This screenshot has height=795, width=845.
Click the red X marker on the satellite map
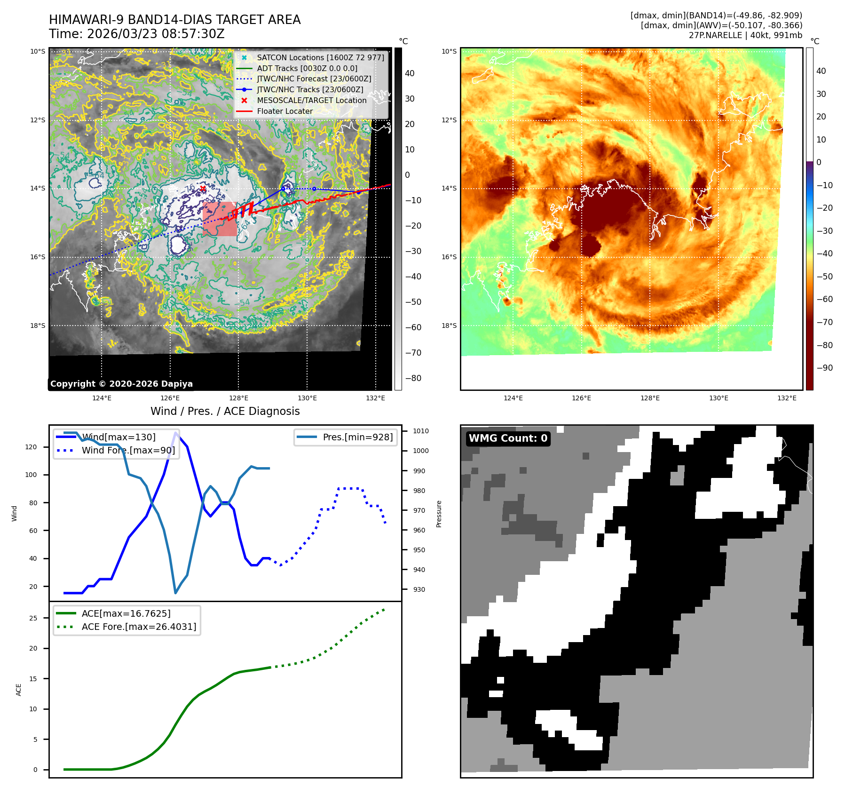point(203,189)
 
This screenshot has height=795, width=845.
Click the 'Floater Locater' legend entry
point(284,111)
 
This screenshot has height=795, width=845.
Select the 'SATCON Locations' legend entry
point(320,58)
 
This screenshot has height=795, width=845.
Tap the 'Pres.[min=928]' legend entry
point(357,437)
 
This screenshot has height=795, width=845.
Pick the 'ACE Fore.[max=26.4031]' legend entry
point(139,627)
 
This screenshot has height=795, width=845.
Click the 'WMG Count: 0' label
point(508,438)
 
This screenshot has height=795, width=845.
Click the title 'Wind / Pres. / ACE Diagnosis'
point(225,411)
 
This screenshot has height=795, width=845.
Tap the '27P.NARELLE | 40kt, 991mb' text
point(745,35)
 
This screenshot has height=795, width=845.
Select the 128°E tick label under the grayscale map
point(239,398)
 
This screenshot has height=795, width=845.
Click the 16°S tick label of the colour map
point(449,257)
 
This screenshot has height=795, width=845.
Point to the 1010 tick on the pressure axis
point(420,431)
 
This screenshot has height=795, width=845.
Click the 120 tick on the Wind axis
point(31,447)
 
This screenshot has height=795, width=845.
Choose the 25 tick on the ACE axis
point(33,618)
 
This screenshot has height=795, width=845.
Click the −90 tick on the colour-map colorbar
point(824,368)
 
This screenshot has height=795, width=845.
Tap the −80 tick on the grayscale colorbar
point(413,378)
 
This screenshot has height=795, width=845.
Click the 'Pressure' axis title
point(439,514)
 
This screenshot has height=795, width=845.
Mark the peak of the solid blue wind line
point(175,433)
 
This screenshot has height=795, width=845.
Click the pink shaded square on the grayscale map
point(220,219)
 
